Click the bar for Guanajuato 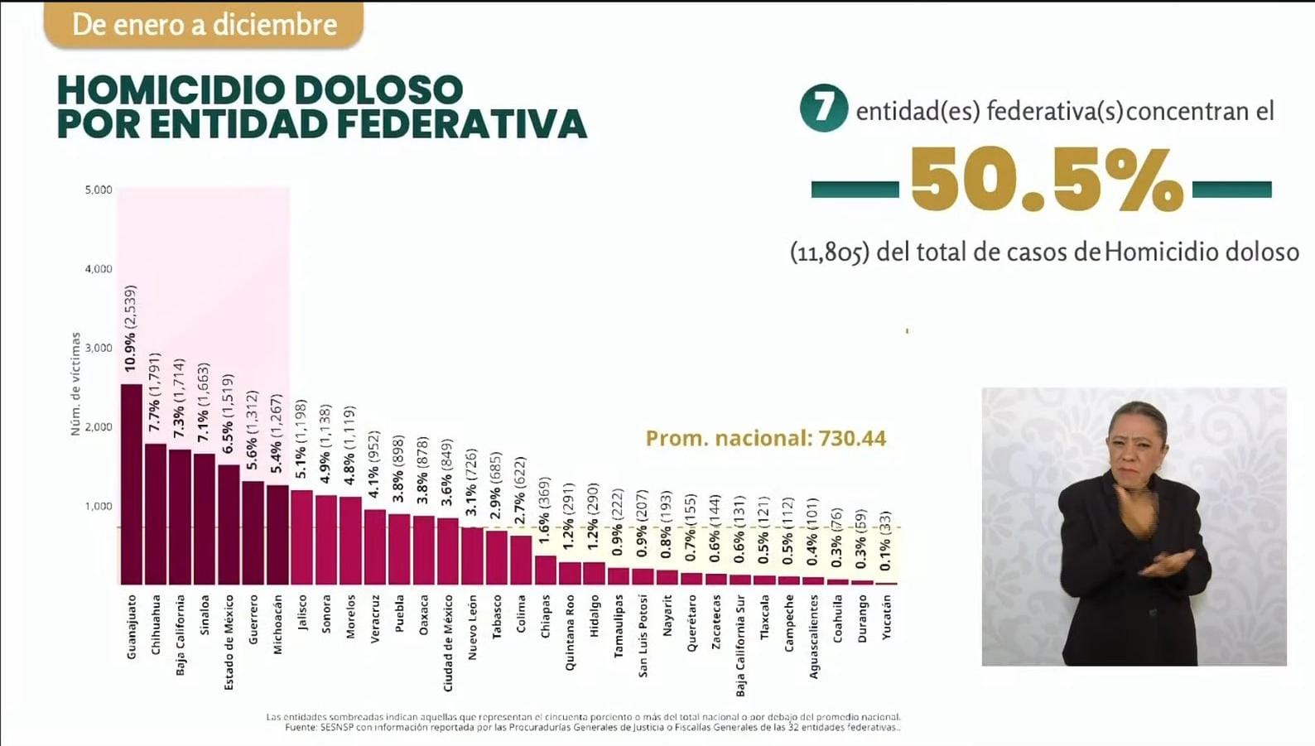pyautogui.click(x=132, y=484)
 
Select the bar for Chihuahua pyautogui.click(x=156, y=514)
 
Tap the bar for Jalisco pyautogui.click(x=301, y=537)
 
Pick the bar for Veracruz pyautogui.click(x=375, y=547)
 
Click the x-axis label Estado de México pyautogui.click(x=229, y=642)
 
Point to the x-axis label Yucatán pyautogui.click(x=887, y=617)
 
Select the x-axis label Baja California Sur pyautogui.click(x=740, y=645)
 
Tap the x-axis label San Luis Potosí pyautogui.click(x=643, y=636)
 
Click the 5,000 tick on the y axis pyautogui.click(x=99, y=190)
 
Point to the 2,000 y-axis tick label pyautogui.click(x=99, y=427)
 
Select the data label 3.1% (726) pyautogui.click(x=471, y=483)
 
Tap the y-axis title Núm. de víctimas pyautogui.click(x=76, y=384)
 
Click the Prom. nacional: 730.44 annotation pyautogui.click(x=765, y=438)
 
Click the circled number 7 pyautogui.click(x=823, y=108)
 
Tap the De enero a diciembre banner pyautogui.click(x=204, y=25)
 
